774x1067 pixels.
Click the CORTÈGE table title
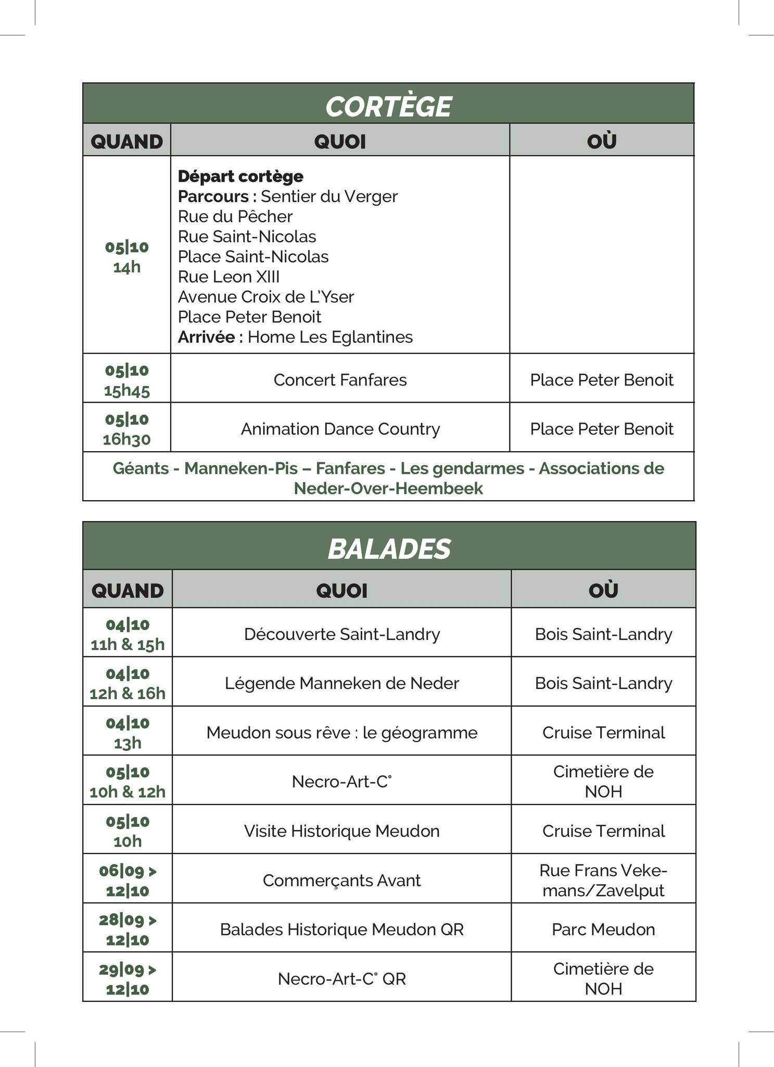tap(388, 106)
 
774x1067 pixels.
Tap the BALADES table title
tap(389, 549)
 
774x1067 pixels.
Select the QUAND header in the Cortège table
tap(126, 141)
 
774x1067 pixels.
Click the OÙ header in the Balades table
tap(603, 590)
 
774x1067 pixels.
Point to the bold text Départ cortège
tap(240, 176)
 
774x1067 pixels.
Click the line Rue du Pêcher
tap(235, 216)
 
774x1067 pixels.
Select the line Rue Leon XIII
tap(229, 277)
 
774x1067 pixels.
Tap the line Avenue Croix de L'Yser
tap(265, 297)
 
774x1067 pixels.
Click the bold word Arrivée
tap(207, 337)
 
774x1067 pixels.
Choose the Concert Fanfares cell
tap(340, 380)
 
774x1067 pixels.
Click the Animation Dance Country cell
tap(340, 429)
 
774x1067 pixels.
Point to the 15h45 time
tap(126, 390)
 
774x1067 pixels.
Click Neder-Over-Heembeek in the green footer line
tap(388, 489)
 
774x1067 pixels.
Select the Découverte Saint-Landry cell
tap(342, 634)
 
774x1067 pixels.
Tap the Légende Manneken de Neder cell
tap(342, 683)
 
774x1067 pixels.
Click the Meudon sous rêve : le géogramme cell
tap(342, 733)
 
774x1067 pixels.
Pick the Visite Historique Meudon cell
tap(342, 830)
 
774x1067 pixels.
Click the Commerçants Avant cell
tap(342, 880)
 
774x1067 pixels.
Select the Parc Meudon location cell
tap(603, 929)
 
